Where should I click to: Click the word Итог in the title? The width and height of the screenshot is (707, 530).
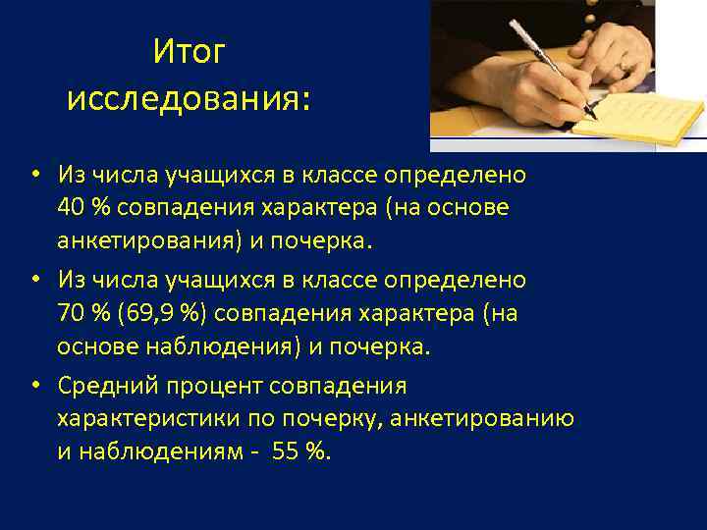(x=189, y=53)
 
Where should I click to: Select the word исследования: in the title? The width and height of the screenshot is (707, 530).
(x=189, y=99)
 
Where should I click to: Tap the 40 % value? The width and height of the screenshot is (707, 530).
(x=82, y=207)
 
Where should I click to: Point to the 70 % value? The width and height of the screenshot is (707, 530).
(x=82, y=314)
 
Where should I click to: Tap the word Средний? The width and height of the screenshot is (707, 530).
(x=105, y=387)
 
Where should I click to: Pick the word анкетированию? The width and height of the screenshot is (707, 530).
(x=482, y=420)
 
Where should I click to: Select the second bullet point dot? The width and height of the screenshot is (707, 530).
(x=33, y=281)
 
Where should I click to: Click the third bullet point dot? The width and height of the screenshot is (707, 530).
(x=33, y=387)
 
